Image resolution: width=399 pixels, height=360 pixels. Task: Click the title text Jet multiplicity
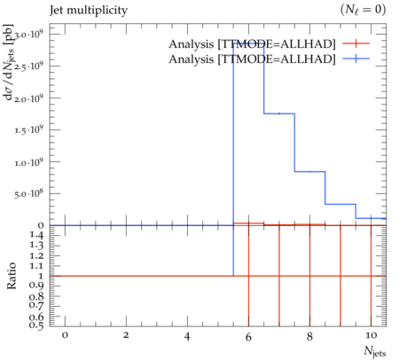tap(89, 11)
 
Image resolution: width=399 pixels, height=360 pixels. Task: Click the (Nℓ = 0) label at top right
tap(363, 10)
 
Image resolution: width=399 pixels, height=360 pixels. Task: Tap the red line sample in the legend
tap(356, 43)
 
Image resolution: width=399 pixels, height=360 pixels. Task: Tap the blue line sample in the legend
tap(356, 59)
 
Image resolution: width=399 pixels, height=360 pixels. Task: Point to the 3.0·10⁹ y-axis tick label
tap(28, 35)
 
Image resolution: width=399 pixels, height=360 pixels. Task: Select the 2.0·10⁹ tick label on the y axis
tap(28, 98)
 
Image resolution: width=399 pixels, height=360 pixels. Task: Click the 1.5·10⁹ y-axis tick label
tap(28, 130)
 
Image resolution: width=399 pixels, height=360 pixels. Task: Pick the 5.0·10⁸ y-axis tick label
tap(28, 194)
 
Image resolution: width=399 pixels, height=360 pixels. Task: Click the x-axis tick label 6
tap(248, 336)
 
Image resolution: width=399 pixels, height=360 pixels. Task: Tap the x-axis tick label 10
tap(371, 335)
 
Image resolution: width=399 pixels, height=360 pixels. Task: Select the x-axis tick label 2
tap(126, 335)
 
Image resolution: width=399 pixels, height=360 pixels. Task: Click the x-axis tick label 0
tap(65, 335)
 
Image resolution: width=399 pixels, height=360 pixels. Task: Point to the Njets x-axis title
tap(375, 351)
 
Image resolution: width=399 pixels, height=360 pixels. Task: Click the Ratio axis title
tap(12, 276)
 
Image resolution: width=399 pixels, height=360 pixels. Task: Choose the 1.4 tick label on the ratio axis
tap(36, 235)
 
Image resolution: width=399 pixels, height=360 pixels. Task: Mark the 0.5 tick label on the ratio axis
tap(36, 325)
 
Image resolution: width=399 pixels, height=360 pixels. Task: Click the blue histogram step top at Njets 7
tap(279, 113)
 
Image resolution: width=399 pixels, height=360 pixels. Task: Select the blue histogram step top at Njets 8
tap(310, 171)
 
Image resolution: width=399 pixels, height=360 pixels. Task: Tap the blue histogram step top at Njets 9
tap(340, 204)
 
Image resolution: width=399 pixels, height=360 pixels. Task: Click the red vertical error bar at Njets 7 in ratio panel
tap(279, 276)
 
